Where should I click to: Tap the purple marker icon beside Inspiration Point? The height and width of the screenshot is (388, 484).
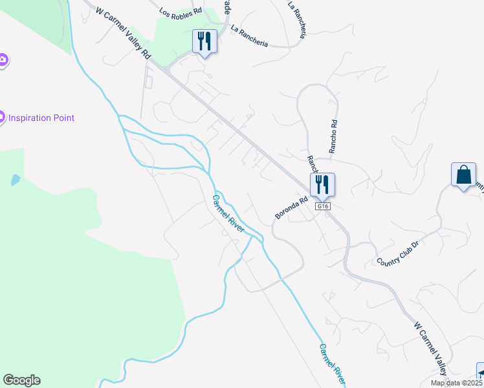pos(2,118)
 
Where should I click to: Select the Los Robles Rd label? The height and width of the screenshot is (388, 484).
pos(181,11)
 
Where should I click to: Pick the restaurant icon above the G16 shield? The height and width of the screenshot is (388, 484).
pos(322,184)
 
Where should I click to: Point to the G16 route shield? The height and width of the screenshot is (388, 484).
pos(324,206)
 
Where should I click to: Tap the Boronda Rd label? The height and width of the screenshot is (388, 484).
pos(289,204)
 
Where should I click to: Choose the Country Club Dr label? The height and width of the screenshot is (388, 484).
pos(399,252)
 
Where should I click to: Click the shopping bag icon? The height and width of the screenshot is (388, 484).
pos(463,175)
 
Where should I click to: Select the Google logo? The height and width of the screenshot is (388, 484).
pos(21,380)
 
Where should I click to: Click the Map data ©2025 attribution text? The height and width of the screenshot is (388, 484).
pos(457,383)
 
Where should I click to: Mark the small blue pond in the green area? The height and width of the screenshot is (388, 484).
pos(16,180)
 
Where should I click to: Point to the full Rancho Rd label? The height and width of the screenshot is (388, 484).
pos(333,135)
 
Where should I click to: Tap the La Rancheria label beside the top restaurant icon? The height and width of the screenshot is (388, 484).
pos(249,36)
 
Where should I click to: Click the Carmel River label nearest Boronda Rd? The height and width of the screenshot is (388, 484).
pos(228,214)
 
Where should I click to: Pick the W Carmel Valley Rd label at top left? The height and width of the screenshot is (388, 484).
pos(123,31)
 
